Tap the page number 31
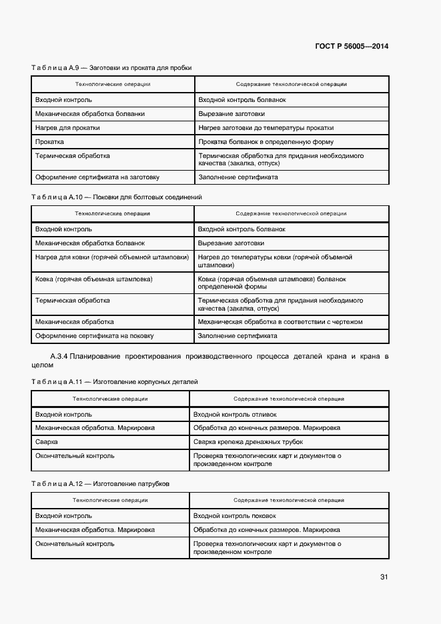tap(384, 577)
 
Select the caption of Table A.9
tap(111, 68)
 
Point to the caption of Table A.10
tap(116, 197)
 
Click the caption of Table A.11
tap(114, 381)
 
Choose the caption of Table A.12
tap(100, 483)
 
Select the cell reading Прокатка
tap(50, 142)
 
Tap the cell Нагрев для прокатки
tap(68, 128)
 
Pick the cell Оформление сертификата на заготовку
tap(97, 177)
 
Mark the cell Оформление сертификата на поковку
tap(95, 336)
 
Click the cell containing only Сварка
tap(46, 442)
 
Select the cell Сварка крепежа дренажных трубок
tap(248, 442)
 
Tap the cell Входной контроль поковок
tap(234, 516)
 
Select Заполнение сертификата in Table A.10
tap(238, 336)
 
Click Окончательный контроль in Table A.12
tap(75, 544)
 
